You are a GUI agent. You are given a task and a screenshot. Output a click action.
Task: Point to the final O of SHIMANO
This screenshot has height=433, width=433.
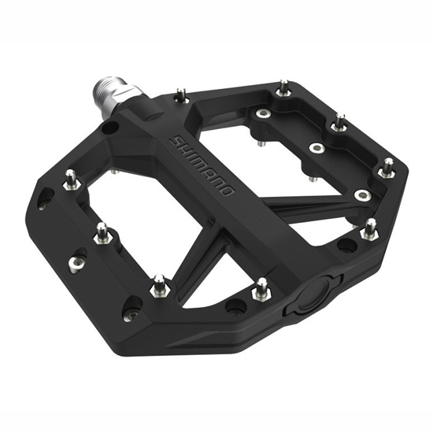227,191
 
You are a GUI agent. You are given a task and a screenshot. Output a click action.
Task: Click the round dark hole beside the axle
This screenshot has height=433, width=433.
110,127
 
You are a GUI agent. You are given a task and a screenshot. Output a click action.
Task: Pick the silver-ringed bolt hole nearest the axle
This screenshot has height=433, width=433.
263,113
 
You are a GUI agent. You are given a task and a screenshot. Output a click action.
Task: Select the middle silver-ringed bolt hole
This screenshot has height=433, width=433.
317,148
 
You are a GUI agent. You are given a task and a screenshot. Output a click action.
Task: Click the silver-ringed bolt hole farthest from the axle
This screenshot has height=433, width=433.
363,195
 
